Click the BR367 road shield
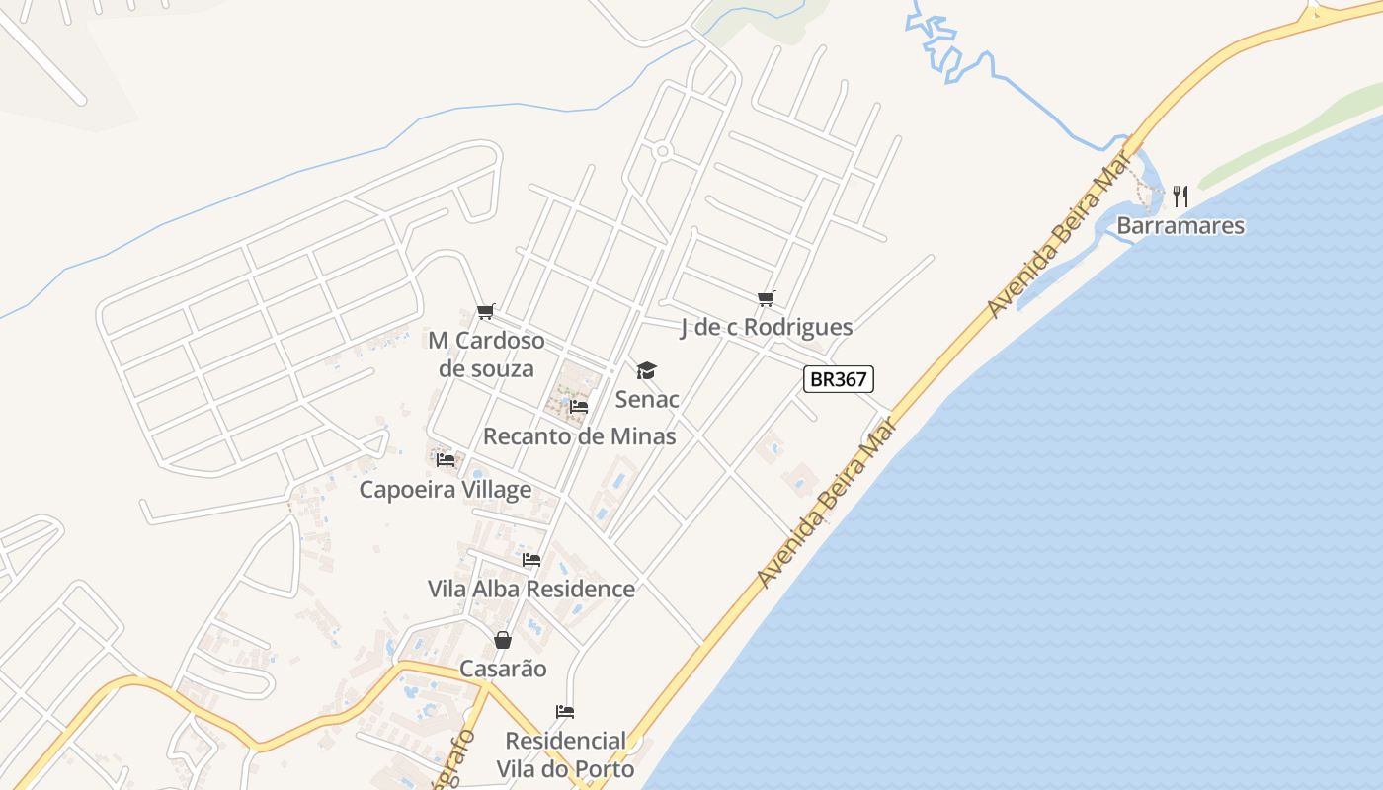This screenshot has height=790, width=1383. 839,378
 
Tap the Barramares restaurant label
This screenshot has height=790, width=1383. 1180,226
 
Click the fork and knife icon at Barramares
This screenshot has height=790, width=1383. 1180,196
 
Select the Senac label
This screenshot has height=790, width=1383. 647,399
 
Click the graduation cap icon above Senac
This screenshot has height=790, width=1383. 646,370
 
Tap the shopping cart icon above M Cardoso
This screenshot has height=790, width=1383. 485,312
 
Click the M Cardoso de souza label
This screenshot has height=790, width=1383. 486,355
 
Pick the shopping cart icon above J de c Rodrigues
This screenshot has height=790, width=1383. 766,298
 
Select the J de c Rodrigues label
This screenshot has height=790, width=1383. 766,327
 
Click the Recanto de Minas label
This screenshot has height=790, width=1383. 580,435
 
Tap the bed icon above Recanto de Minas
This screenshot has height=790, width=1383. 579,406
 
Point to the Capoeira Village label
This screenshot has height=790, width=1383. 445,489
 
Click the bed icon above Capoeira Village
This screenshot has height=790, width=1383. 446,459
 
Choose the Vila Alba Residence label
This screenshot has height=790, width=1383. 531,589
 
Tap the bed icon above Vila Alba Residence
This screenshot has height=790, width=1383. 531,560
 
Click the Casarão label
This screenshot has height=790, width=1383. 503,669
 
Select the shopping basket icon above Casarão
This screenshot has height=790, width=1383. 503,640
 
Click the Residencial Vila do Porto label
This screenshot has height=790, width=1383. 565,754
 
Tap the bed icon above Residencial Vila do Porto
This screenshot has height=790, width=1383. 565,711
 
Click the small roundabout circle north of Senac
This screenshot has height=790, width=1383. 662,151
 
